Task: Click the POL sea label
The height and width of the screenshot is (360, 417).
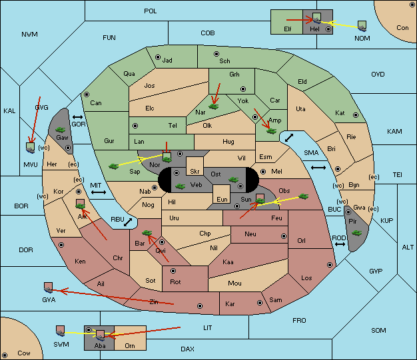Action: (x=151, y=11)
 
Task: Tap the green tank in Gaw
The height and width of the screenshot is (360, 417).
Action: (x=61, y=130)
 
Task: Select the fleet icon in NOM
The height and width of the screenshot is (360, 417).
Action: (x=362, y=27)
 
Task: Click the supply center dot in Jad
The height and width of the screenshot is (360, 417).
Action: (x=158, y=57)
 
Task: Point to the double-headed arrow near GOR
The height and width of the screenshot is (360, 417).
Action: (x=77, y=117)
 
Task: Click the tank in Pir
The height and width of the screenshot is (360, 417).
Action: (x=356, y=233)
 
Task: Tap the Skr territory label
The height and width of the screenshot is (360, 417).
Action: (x=195, y=172)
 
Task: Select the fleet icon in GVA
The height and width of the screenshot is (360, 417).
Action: (x=48, y=287)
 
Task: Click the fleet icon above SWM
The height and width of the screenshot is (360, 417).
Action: (x=61, y=331)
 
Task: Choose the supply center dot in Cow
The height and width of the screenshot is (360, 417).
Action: (x=5, y=355)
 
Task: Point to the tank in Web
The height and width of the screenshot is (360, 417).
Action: (x=180, y=186)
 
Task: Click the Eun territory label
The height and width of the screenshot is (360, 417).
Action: (x=222, y=199)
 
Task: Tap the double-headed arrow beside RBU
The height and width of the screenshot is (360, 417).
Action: (x=128, y=222)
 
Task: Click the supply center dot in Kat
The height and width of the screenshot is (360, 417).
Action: (x=356, y=115)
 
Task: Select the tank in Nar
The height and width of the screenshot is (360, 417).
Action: (x=214, y=106)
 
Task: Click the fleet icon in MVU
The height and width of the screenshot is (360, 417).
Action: (x=31, y=148)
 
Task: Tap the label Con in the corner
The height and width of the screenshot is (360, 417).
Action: (x=402, y=28)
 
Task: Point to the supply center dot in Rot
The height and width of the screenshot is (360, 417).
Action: (x=173, y=271)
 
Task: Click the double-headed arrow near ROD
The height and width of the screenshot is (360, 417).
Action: (x=340, y=244)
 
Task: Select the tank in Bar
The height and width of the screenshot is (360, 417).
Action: (x=147, y=233)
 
